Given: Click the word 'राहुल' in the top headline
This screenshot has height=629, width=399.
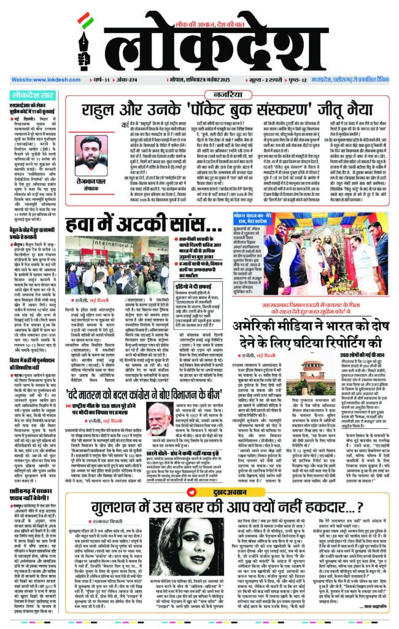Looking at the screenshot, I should point(102,112).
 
